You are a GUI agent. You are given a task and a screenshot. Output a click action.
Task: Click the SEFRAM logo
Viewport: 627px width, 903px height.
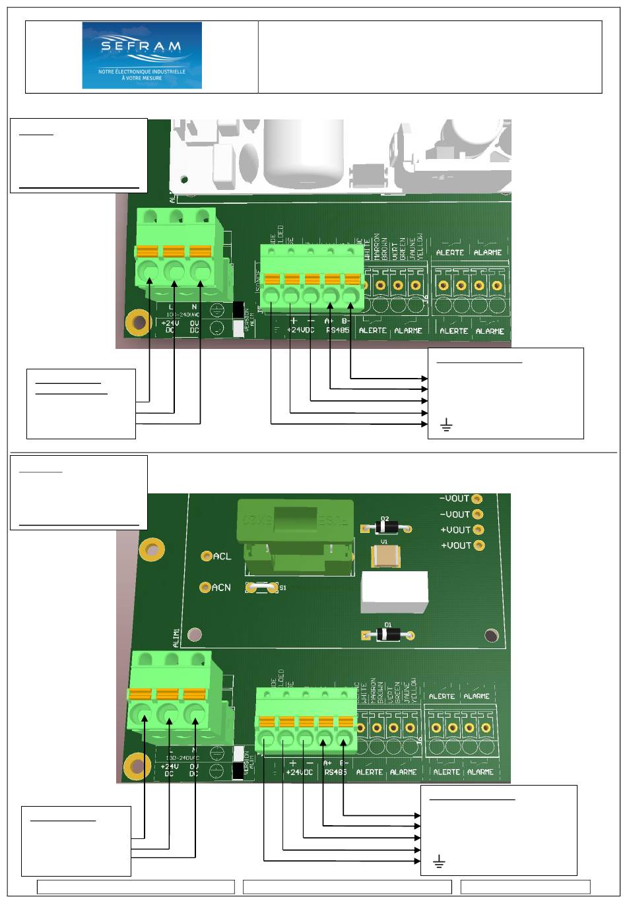[x=142, y=55]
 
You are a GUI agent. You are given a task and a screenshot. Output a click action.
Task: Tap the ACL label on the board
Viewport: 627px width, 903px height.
[x=222, y=557]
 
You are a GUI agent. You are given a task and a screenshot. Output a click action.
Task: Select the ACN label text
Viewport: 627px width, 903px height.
[x=222, y=587]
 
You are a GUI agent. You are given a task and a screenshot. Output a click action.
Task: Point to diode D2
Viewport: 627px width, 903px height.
[x=386, y=528]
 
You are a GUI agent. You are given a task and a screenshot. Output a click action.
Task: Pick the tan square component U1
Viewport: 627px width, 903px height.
[x=385, y=557]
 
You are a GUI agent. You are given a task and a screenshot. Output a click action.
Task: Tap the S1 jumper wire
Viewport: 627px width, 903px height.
[x=259, y=587]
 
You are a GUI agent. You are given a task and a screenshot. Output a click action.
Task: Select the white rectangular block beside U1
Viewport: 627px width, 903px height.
[x=395, y=592]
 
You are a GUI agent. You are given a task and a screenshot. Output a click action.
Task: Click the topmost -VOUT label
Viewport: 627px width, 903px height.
[x=455, y=499]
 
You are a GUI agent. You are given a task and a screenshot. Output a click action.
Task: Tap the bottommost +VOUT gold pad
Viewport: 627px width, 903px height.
[x=478, y=545]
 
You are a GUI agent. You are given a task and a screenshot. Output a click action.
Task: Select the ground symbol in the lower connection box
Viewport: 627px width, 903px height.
[x=438, y=861]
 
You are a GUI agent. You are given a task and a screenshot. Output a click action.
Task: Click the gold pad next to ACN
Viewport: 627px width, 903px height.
[x=205, y=586]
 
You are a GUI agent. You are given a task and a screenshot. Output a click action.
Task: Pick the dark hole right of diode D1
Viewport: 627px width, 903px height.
[x=491, y=635]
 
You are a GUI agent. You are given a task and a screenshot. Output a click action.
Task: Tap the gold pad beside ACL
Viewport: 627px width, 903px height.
[x=207, y=557]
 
